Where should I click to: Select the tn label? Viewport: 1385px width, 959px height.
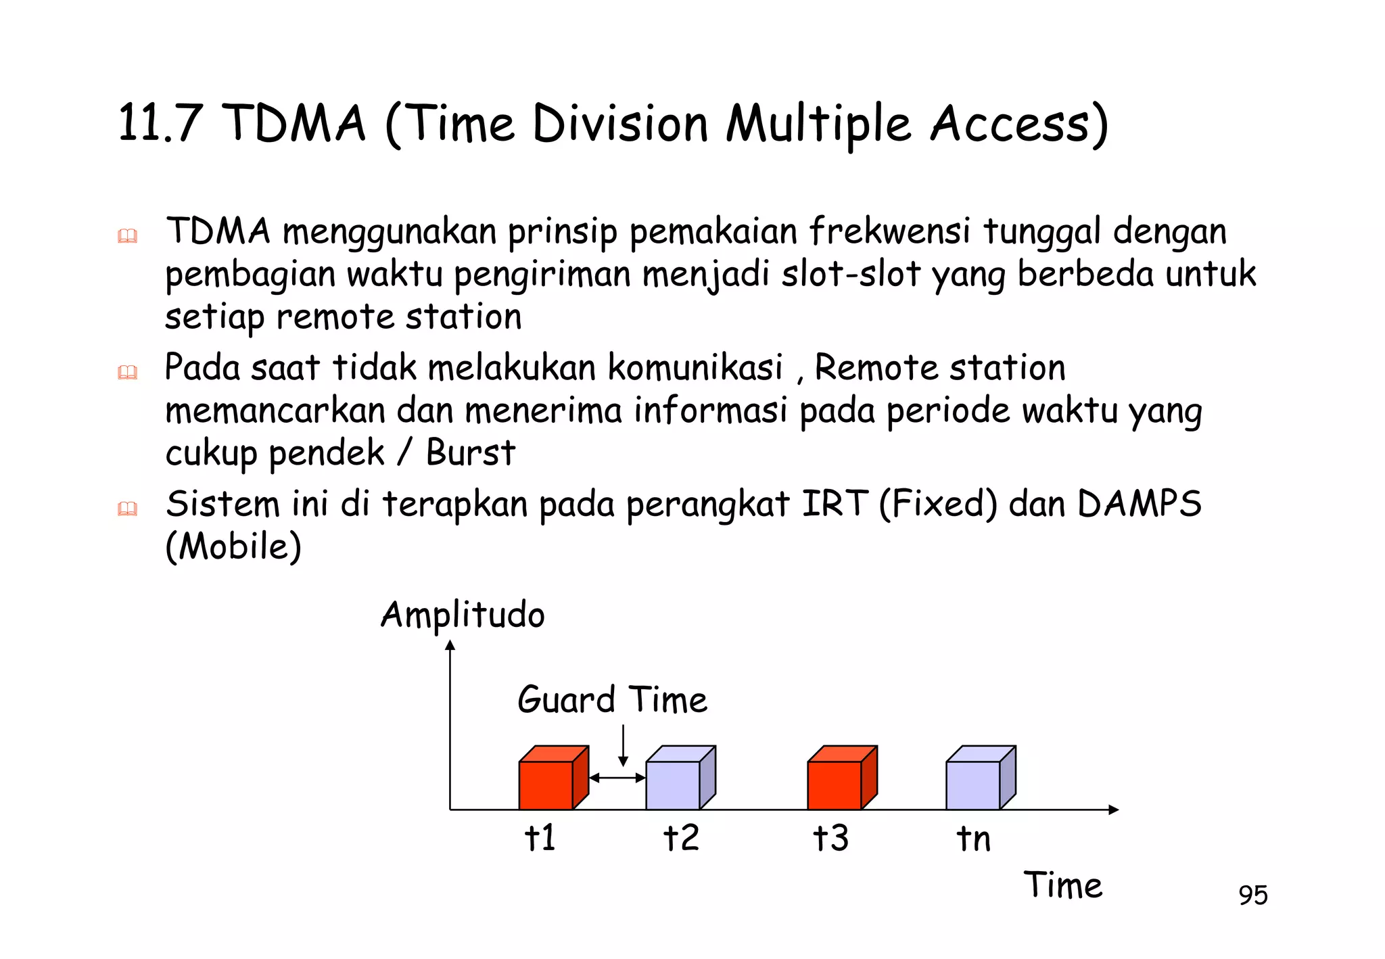pyautogui.click(x=973, y=839)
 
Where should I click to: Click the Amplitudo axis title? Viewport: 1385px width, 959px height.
pyautogui.click(x=463, y=615)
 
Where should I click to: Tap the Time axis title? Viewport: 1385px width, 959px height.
pyautogui.click(x=1063, y=885)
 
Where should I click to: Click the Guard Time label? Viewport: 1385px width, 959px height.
pyautogui.click(x=612, y=699)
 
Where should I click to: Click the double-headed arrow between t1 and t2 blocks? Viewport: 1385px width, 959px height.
pyautogui.click(x=617, y=778)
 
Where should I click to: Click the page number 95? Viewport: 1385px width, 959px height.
pyautogui.click(x=1252, y=895)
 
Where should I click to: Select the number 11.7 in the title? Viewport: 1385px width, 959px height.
pyautogui.click(x=160, y=123)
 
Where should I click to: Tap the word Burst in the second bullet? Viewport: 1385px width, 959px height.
pyautogui.click(x=471, y=452)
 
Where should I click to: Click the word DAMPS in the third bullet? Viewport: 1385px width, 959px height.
pyautogui.click(x=1139, y=504)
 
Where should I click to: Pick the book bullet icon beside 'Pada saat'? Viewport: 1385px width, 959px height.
pyautogui.click(x=127, y=372)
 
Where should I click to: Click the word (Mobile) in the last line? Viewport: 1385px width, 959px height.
pyautogui.click(x=233, y=546)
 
